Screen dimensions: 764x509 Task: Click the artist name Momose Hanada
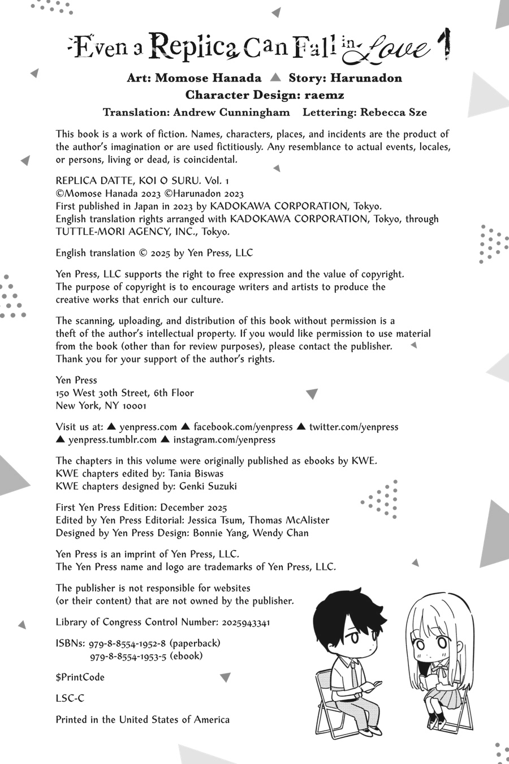[x=208, y=78]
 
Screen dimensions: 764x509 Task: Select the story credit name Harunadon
[x=366, y=78]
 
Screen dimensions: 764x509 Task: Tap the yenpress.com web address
[x=148, y=427]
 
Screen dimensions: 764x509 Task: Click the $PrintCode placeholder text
[x=80, y=677]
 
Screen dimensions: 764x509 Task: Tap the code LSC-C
[x=70, y=698]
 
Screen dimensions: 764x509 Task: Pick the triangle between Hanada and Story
[x=275, y=77]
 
